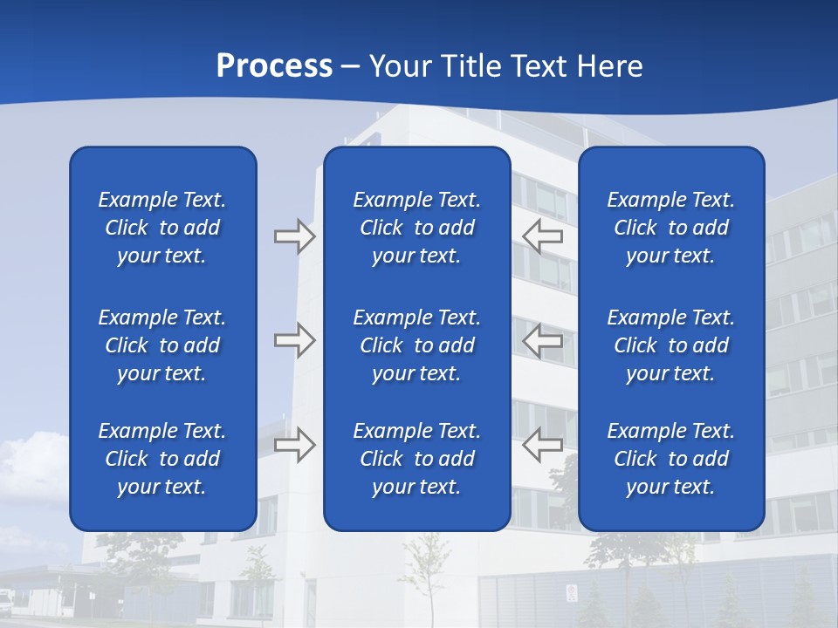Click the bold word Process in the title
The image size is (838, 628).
(274, 65)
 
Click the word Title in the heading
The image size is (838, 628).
(470, 65)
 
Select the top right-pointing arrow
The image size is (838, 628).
(294, 236)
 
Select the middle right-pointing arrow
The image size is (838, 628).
(294, 340)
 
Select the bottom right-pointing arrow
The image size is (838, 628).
(294, 444)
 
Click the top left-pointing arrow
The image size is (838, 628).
(543, 236)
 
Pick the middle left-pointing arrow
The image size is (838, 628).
(543, 340)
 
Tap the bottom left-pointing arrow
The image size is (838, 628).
(543, 444)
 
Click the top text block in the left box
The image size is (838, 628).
(162, 228)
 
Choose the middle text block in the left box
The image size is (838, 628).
(162, 345)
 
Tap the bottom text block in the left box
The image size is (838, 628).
(162, 459)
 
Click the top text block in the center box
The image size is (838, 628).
(417, 228)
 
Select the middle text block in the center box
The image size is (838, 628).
(417, 345)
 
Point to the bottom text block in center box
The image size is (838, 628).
(417, 459)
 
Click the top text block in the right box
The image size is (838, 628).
(671, 228)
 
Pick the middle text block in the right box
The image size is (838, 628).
(671, 345)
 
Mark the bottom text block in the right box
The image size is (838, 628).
(671, 459)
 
